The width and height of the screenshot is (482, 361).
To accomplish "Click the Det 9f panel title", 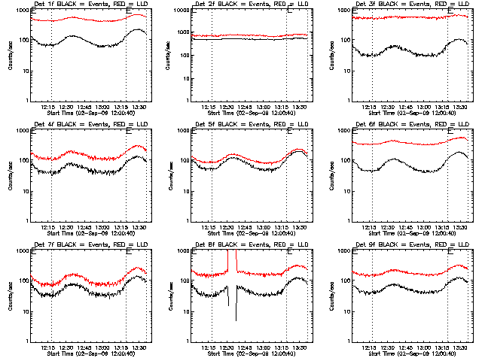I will (x=411, y=245).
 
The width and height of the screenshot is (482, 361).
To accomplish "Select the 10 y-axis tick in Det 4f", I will (x=23, y=191).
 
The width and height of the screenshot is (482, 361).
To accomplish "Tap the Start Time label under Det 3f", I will (x=411, y=114).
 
